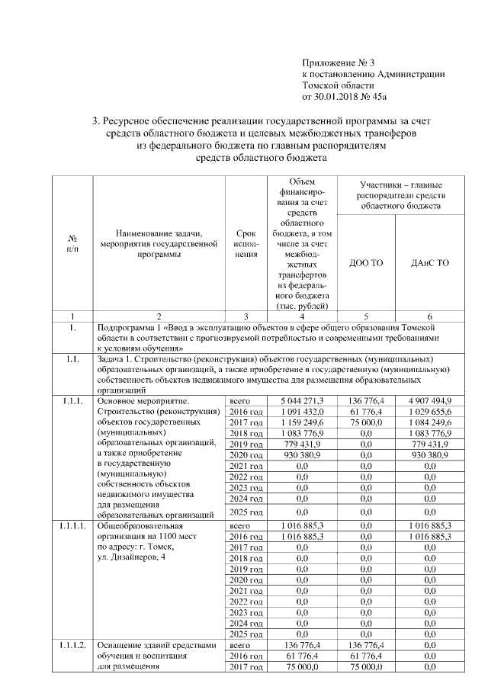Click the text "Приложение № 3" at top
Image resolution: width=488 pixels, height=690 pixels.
pos(339,63)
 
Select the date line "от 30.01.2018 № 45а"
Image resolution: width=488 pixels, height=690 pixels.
pos(345,97)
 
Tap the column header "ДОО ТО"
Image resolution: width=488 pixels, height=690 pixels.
pos(365,263)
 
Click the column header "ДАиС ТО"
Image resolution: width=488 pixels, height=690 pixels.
pos(429,263)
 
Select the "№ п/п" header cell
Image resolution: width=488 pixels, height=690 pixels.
pos(70,244)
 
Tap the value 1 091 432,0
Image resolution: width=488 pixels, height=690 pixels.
pos(301,411)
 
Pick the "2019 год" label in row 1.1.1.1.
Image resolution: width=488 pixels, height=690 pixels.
pos(246,569)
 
